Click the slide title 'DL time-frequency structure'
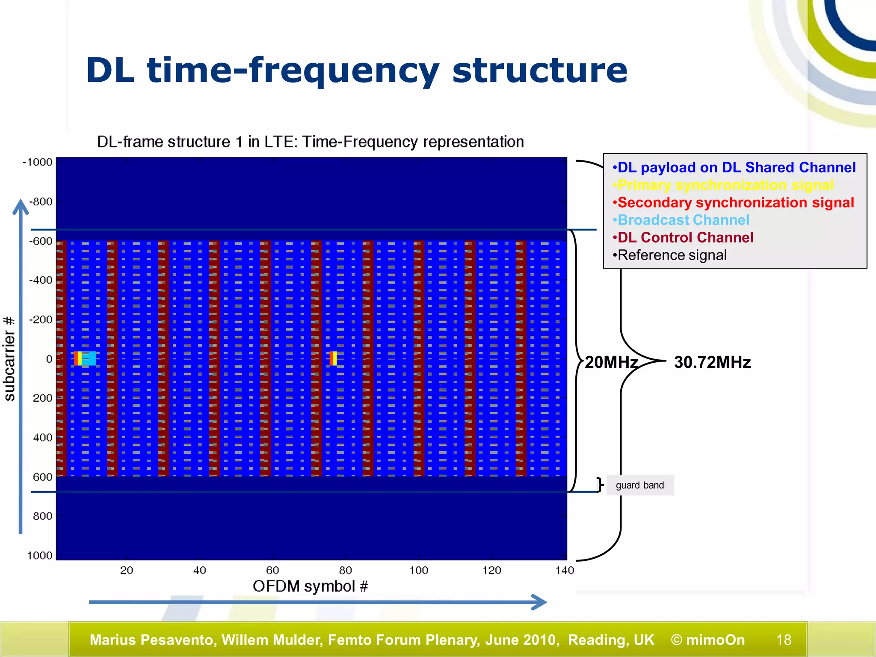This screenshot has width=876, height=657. (356, 71)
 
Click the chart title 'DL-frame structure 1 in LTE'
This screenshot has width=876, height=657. (310, 142)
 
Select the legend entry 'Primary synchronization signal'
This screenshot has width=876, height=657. (725, 185)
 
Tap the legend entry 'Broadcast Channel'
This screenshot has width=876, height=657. (683, 220)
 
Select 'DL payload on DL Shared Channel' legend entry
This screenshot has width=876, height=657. (736, 168)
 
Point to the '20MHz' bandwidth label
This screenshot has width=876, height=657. (611, 362)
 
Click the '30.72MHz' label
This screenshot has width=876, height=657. (712, 362)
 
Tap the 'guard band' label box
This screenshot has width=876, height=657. (640, 485)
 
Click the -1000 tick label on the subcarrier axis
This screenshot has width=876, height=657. (38, 162)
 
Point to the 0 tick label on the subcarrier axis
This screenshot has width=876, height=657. (49, 359)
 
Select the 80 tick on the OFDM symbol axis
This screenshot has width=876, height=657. (346, 570)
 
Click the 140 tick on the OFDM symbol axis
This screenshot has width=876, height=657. (565, 570)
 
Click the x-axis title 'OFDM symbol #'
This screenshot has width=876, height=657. (310, 586)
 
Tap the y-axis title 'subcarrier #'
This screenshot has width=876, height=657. (9, 359)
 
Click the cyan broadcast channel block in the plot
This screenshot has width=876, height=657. (89, 358)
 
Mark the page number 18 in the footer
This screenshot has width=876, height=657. (784, 640)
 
